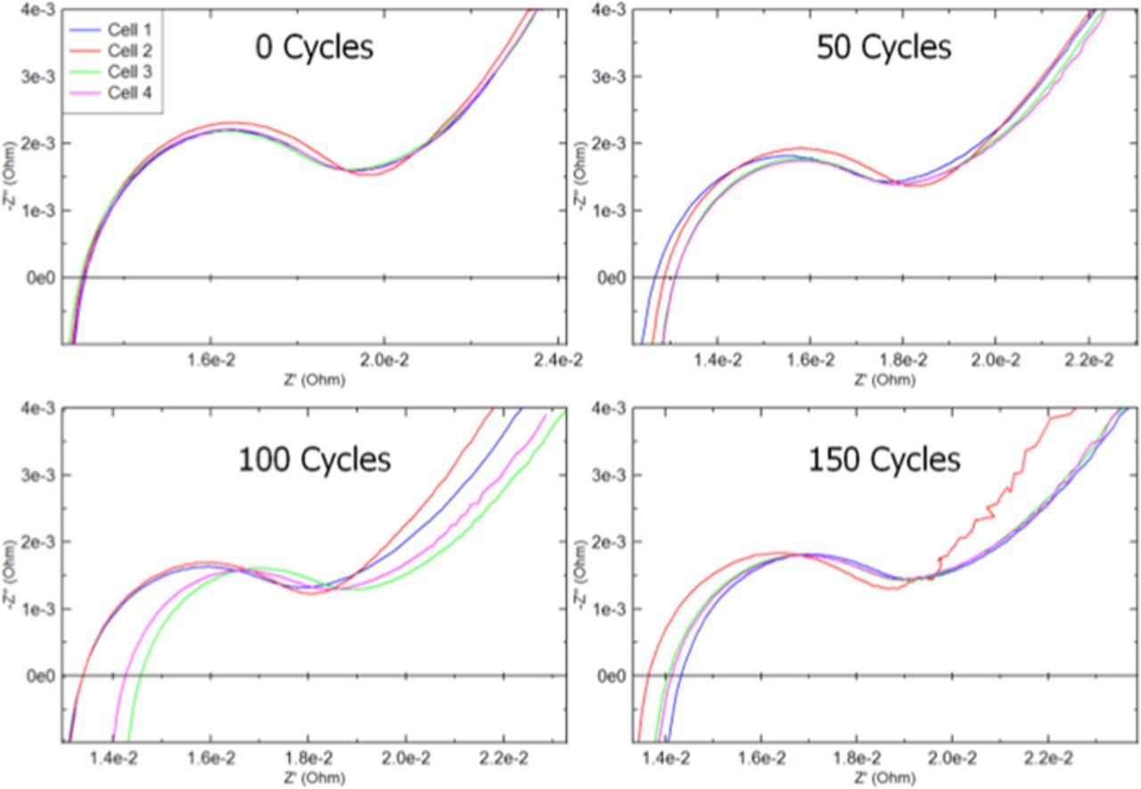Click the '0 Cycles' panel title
click(x=314, y=47)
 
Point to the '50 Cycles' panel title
click(x=883, y=47)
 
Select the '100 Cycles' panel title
click(x=314, y=460)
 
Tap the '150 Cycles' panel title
click(x=883, y=460)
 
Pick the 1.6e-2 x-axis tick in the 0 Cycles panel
click(x=211, y=359)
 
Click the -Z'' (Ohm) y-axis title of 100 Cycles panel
click(x=10, y=575)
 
